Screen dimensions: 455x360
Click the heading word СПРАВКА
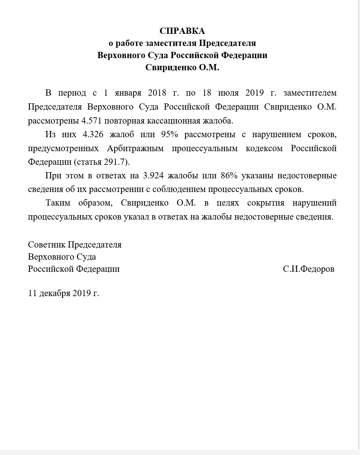click(x=182, y=31)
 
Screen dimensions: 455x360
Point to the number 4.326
click(x=94, y=135)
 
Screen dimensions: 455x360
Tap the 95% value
click(x=170, y=135)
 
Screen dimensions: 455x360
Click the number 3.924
click(x=153, y=176)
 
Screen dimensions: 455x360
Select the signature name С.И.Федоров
click(x=308, y=269)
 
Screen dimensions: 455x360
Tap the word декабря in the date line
click(x=54, y=293)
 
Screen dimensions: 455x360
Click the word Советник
click(x=47, y=245)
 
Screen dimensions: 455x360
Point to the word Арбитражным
click(x=134, y=148)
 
